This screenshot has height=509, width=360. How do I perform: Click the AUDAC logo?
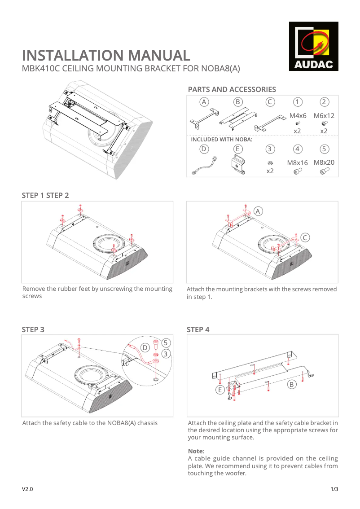pyautogui.click(x=314, y=46)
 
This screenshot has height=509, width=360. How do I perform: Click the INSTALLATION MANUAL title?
pyautogui.click(x=106, y=55)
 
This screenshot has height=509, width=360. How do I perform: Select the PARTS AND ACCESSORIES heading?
pyautogui.click(x=232, y=89)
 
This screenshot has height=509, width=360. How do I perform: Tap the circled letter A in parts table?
pyautogui.click(x=204, y=102)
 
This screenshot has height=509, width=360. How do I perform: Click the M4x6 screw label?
pyautogui.click(x=298, y=115)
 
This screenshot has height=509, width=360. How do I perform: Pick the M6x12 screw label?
pyautogui.click(x=324, y=115)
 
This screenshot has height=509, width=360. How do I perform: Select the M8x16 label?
pyautogui.click(x=298, y=162)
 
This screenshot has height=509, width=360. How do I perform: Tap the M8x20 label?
pyautogui.click(x=324, y=162)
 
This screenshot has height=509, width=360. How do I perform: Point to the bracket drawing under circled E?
pyautogui.click(x=238, y=165)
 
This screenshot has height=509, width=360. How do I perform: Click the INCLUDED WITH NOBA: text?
pyautogui.click(x=222, y=139)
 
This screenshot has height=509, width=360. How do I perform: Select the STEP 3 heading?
pyautogui.click(x=33, y=329)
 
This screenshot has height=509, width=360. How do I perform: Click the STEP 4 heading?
pyautogui.click(x=198, y=329)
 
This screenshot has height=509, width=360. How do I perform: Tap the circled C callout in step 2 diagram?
pyautogui.click(x=305, y=237)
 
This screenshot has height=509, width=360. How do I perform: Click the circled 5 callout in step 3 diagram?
pyautogui.click(x=166, y=342)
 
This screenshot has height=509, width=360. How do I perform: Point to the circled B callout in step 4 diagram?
pyautogui.click(x=291, y=385)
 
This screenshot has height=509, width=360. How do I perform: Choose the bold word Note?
pyautogui.click(x=196, y=451)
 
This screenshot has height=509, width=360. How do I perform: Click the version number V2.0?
pyautogui.click(x=27, y=489)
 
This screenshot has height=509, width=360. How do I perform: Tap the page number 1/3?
pyautogui.click(x=334, y=489)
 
